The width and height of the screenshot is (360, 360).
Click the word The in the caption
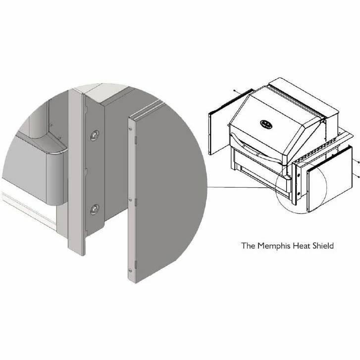248,246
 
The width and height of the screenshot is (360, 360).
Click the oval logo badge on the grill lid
266,124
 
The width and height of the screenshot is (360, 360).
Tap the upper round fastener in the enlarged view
95,135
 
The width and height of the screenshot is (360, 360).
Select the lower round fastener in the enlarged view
95,209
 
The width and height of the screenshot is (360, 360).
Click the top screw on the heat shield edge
130,129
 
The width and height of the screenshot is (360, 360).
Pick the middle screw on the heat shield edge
130,200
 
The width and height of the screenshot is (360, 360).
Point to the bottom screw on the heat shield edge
130,270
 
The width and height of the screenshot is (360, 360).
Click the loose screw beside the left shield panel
234,91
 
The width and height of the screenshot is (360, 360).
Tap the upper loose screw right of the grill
359,162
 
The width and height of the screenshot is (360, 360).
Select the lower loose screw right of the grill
359,177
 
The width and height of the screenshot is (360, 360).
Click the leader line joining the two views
242,188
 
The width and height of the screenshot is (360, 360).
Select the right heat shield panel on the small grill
329,180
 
